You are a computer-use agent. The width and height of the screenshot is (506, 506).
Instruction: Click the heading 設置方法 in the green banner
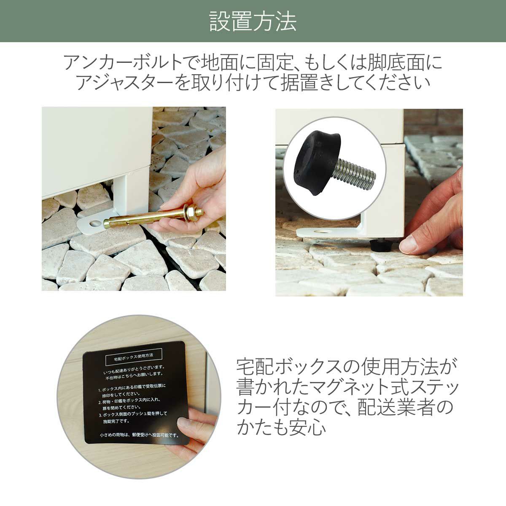coord(253,21)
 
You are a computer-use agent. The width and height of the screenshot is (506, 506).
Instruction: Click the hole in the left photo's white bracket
coord(95,224)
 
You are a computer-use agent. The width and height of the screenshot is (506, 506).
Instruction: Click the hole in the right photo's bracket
coord(323,231)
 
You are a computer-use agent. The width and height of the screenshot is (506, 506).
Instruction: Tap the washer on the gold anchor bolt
coord(189,212)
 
